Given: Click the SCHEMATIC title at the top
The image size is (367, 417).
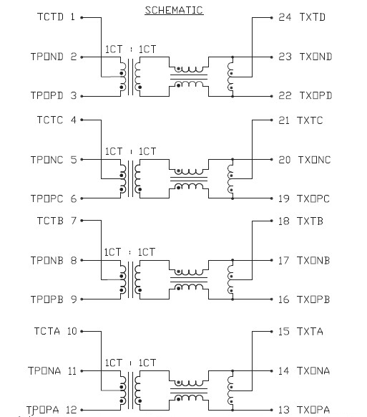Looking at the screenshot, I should (x=174, y=10).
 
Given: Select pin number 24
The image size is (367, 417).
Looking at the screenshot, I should (x=284, y=16).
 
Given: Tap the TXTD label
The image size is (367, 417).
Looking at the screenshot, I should (x=311, y=16).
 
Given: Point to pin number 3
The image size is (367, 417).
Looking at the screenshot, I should (x=73, y=95).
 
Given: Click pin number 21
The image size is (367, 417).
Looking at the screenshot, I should (x=284, y=120).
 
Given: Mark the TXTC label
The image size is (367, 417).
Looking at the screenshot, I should (x=311, y=120).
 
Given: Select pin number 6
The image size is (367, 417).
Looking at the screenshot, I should (x=73, y=198).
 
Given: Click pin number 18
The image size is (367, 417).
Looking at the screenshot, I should (x=284, y=221).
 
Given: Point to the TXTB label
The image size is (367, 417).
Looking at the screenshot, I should (x=311, y=221).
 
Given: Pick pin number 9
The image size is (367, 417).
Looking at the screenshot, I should (x=73, y=299).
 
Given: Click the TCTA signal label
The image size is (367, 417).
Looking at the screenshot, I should (x=48, y=331).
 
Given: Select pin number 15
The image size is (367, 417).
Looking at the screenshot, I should (x=284, y=331).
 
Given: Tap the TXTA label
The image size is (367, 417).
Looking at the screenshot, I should (x=311, y=331).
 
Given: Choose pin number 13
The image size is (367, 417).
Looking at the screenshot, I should (x=284, y=410).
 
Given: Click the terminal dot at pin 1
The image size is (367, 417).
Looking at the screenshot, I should (x=81, y=16).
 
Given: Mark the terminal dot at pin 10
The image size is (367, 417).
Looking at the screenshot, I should (x=82, y=331).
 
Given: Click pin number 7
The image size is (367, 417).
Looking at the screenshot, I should (x=73, y=221).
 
